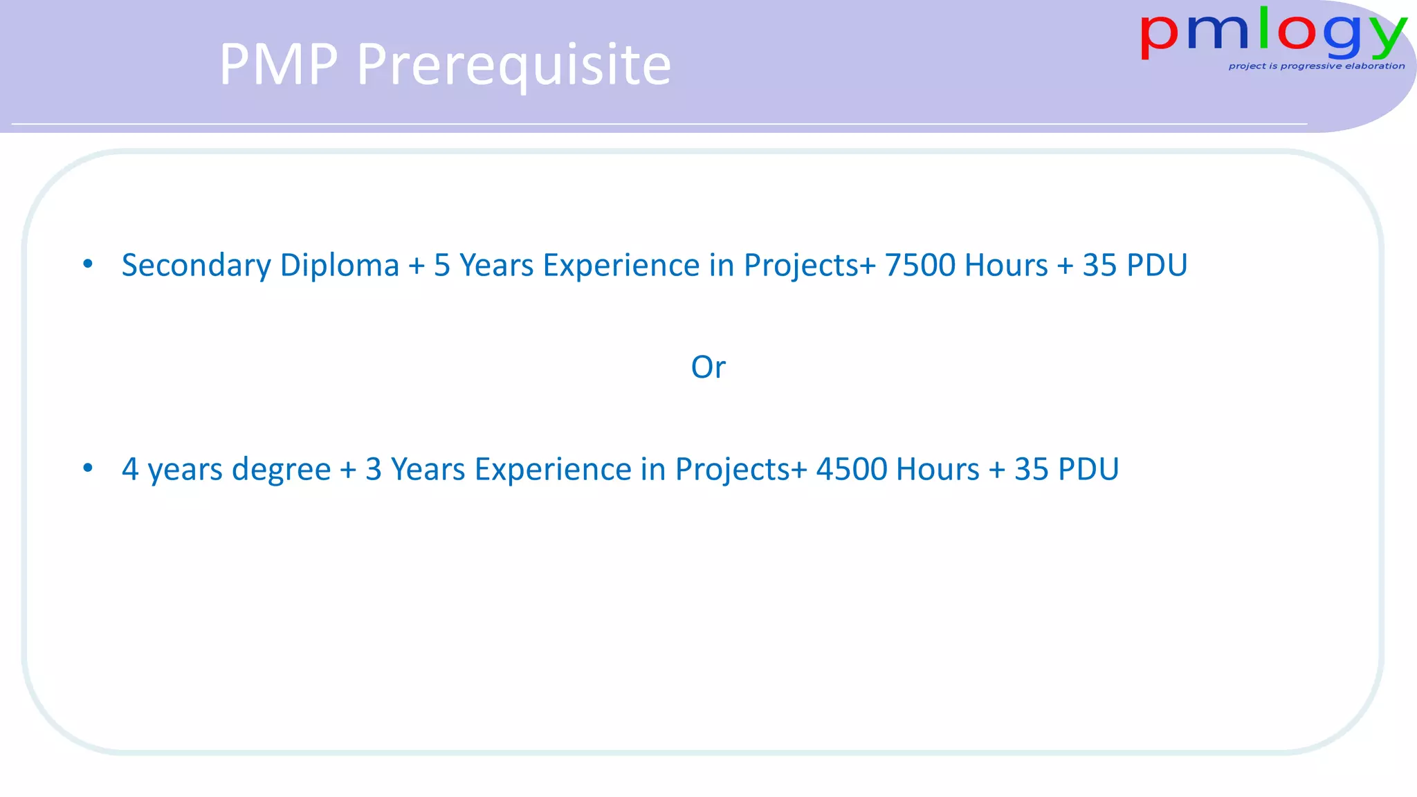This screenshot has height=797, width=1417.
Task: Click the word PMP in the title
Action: click(x=278, y=64)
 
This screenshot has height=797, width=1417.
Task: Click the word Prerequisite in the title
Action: click(x=513, y=66)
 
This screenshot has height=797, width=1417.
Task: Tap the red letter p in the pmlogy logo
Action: click(x=1159, y=36)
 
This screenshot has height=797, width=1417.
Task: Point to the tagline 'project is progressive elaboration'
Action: click(x=1316, y=66)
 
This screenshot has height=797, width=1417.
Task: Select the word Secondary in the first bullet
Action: click(x=196, y=266)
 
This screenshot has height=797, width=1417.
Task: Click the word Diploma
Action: click(x=340, y=266)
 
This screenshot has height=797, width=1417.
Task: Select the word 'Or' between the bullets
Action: click(x=708, y=367)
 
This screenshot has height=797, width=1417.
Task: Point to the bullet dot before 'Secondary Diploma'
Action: click(x=88, y=264)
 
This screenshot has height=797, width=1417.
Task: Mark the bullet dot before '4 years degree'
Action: click(x=88, y=468)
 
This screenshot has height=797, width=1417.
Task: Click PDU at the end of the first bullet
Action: click(x=1157, y=266)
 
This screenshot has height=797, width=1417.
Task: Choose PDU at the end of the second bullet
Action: click(x=1088, y=470)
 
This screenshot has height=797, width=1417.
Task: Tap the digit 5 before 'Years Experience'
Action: click(x=442, y=266)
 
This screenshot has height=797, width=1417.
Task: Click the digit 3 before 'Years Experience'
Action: click(x=374, y=470)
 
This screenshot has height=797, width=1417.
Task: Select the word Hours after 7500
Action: click(x=1006, y=266)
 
